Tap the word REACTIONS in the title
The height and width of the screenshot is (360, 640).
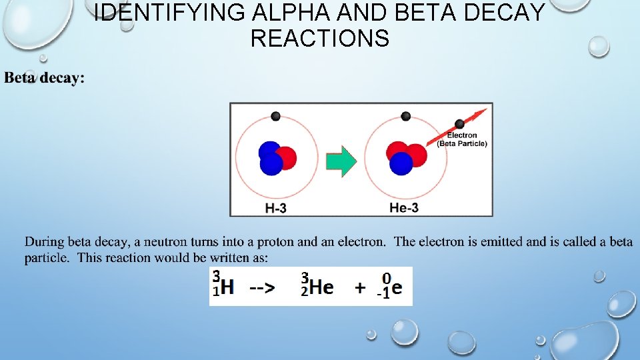320,38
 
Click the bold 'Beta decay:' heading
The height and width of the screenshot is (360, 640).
45,78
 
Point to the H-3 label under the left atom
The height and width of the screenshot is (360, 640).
276,208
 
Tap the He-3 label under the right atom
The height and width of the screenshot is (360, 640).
404,208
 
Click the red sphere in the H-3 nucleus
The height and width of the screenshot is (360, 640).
285,157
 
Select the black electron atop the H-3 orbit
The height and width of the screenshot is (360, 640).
275,117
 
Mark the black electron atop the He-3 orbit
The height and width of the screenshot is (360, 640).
405,117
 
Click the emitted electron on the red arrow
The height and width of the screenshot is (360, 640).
459,123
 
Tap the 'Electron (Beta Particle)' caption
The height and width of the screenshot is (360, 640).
463,139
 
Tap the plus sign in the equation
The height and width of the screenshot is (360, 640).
360,287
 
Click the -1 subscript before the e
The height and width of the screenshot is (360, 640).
383,294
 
